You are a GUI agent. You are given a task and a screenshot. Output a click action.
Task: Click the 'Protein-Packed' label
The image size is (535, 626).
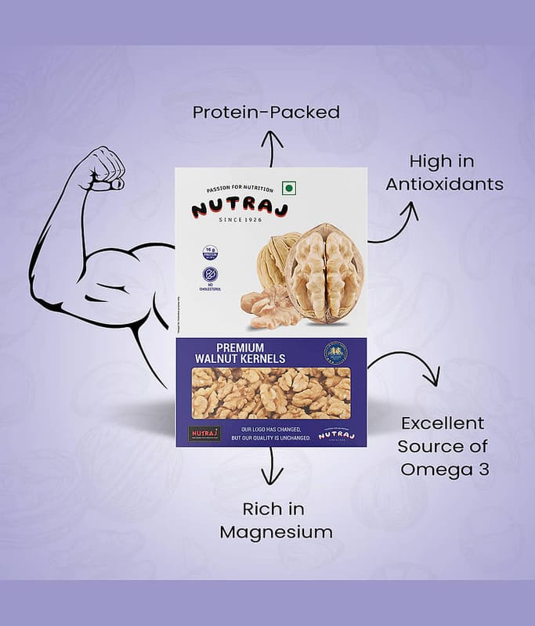[x=266, y=112]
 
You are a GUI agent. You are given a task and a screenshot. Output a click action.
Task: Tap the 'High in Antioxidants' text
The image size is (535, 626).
[x=445, y=173]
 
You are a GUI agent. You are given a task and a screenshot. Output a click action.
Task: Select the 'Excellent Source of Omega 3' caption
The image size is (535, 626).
[x=443, y=446]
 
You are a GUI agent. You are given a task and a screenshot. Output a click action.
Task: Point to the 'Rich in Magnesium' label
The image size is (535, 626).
[x=276, y=520]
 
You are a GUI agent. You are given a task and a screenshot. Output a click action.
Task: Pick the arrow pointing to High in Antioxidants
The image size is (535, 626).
[x=396, y=223]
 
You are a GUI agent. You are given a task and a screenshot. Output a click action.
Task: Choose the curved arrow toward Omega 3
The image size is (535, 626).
[x=407, y=368]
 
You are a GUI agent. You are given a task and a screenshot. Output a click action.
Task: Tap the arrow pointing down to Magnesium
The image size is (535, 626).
[x=272, y=467]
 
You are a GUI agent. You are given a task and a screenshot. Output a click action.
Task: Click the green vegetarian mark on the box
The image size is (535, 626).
[x=288, y=188]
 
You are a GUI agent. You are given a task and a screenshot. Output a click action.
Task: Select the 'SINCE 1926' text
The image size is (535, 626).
[x=240, y=219]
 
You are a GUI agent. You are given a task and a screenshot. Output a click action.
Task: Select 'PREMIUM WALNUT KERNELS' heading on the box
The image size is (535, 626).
[x=240, y=353]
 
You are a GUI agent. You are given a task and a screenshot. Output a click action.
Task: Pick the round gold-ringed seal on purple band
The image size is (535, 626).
[x=335, y=353]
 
